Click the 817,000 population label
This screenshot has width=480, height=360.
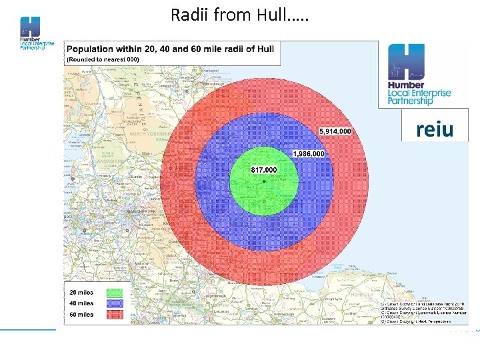264,170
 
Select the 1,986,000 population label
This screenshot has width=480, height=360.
308,154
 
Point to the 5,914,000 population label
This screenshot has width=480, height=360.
335,131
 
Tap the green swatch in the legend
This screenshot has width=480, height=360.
115,292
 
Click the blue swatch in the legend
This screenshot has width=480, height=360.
115,303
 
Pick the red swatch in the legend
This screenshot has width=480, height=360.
115,314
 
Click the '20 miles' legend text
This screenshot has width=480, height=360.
81,292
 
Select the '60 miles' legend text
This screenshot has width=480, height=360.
81,314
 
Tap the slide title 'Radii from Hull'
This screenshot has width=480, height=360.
239,14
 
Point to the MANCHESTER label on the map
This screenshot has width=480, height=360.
139,212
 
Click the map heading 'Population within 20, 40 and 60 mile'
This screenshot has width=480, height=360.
170,49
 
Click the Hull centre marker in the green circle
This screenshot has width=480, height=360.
264,181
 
